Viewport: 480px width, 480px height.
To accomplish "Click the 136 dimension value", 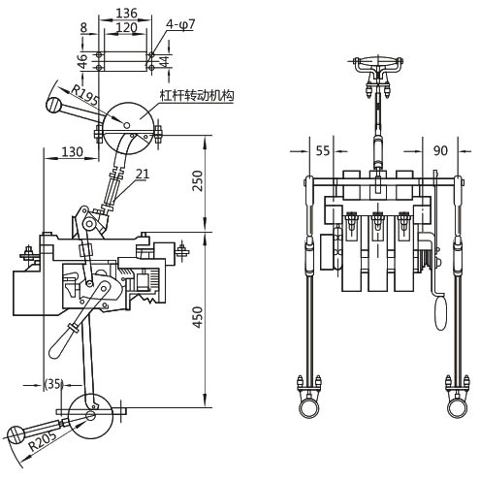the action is (126, 13).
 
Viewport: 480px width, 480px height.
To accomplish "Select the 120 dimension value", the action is (126, 27).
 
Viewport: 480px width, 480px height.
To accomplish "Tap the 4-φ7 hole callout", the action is (180, 25).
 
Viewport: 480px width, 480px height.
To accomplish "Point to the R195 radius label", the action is (84, 95).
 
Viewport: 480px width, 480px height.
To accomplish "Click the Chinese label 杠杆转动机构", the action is (197, 95).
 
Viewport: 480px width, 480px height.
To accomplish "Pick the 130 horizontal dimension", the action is (72, 151).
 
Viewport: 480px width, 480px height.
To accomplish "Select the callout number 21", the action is (143, 174).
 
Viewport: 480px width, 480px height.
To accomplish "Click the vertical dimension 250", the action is (197, 180).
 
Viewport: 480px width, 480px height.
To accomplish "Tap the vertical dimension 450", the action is (197, 317).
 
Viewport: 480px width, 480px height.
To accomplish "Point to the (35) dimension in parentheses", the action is (53, 384).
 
